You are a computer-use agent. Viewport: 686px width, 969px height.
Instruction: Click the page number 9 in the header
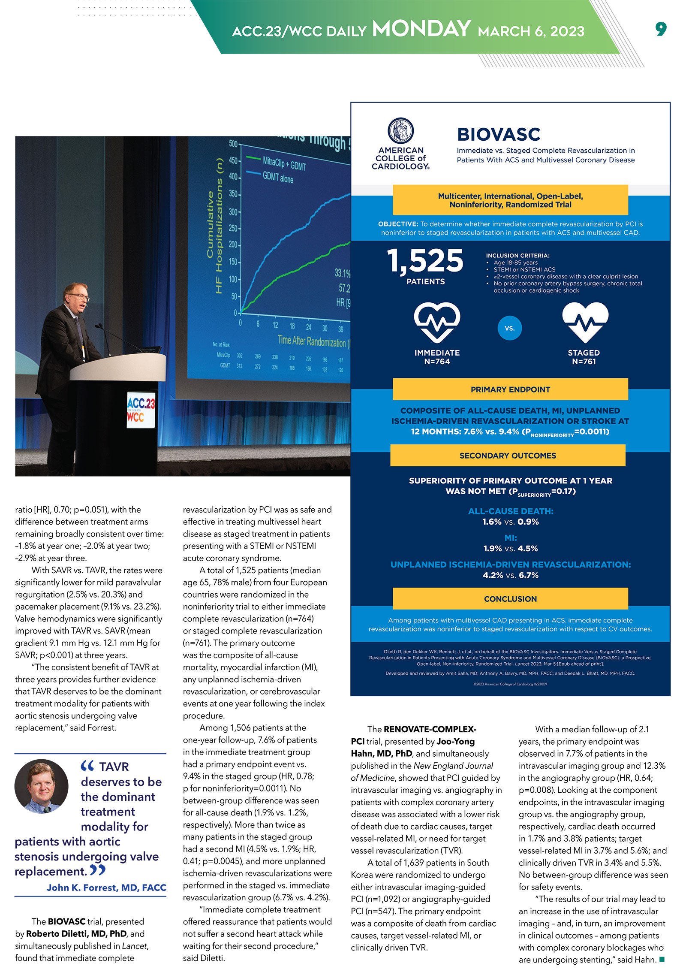point(661,29)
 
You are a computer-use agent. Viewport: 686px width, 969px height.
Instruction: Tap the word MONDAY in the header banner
point(421,29)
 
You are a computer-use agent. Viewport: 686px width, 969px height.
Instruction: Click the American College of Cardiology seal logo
point(400,130)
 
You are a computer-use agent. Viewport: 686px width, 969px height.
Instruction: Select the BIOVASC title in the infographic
point(499,134)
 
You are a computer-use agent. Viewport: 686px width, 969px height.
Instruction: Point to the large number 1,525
point(425,260)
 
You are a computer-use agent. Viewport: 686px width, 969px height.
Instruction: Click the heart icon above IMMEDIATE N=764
point(437,322)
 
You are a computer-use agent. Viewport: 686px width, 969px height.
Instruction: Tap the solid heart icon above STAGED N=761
point(585,322)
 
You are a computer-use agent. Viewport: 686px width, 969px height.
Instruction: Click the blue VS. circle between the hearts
point(509,328)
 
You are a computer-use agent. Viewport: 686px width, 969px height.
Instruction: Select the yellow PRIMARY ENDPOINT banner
point(510,389)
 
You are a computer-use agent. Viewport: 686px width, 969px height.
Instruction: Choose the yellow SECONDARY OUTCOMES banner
point(508,456)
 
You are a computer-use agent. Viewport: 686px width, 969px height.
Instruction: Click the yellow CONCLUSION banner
point(510,599)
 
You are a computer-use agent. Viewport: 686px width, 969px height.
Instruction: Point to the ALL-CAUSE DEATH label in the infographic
point(510,511)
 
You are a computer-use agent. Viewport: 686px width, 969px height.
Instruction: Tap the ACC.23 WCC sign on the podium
point(141,410)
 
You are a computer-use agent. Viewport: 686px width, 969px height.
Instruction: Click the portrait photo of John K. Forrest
point(42,786)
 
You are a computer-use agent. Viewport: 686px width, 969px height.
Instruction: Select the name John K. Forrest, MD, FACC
point(106,887)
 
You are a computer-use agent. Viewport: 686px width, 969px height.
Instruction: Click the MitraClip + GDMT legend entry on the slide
point(284,163)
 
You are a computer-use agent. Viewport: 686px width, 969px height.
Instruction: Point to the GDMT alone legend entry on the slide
point(278,178)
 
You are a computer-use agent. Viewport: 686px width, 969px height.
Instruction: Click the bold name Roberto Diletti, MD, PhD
point(76,934)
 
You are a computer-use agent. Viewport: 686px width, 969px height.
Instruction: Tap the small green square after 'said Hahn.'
point(662,959)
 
